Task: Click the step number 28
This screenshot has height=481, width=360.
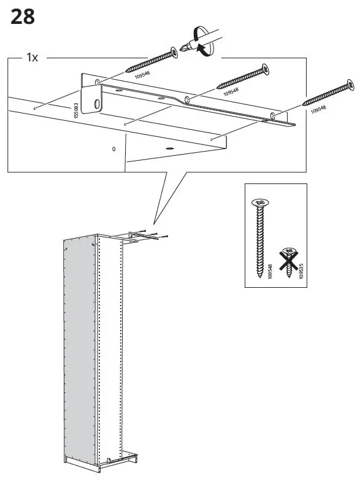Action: (23, 17)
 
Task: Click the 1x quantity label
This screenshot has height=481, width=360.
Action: (32, 58)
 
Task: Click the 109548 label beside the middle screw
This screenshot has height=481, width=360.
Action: (231, 92)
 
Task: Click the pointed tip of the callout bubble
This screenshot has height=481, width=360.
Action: (155, 225)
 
